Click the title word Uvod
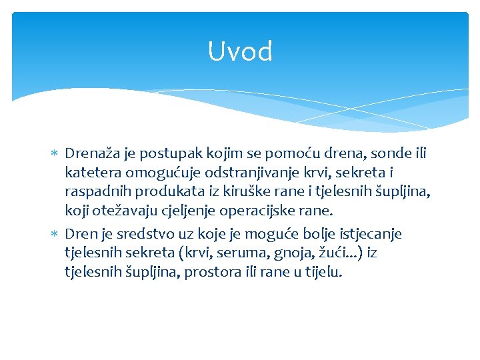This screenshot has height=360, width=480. pos(240,51)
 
